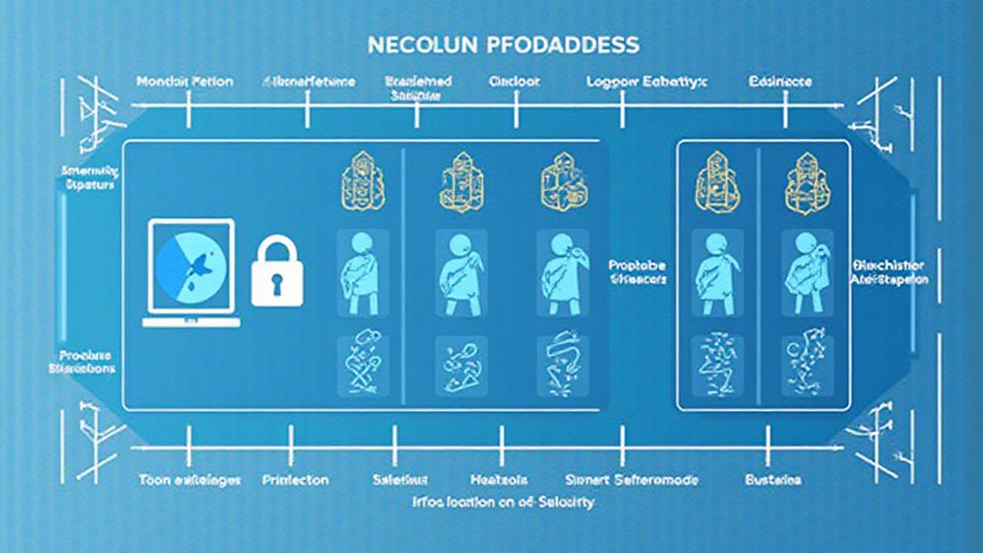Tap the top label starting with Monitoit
pyautogui.click(x=184, y=83)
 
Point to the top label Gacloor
pyautogui.click(x=515, y=83)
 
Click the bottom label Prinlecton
pyautogui.click(x=295, y=479)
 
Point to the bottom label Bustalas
pyautogui.click(x=773, y=479)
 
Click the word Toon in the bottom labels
pyautogui.click(x=154, y=479)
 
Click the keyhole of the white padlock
pyautogui.click(x=276, y=284)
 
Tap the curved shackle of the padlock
pyautogui.click(x=276, y=251)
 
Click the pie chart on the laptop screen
pyautogui.click(x=189, y=265)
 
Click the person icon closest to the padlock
pyautogui.click(x=362, y=271)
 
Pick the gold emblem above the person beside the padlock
pyautogui.click(x=362, y=180)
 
